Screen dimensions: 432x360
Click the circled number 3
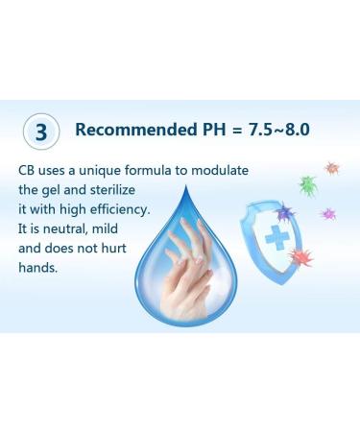[41, 132]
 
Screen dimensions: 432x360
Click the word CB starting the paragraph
[27, 170]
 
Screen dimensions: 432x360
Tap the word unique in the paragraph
[100, 170]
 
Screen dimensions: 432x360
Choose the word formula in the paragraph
[152, 170]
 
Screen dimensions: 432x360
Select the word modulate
[218, 170]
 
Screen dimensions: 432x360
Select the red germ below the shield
[300, 256]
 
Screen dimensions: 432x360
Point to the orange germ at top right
[331, 168]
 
